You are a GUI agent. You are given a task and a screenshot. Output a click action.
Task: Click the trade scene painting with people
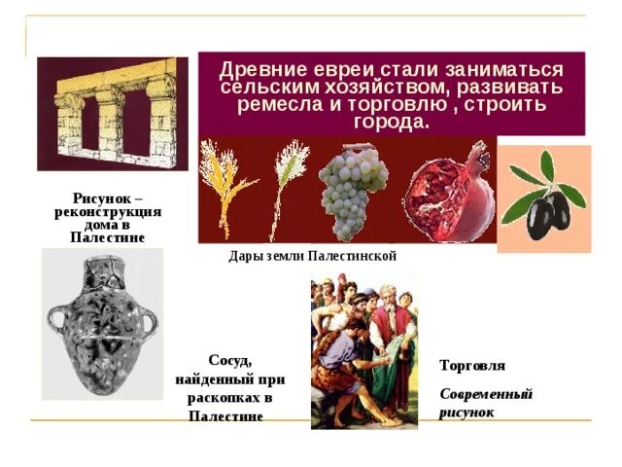point(363,350)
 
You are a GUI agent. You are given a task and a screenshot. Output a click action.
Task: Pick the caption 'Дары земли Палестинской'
point(312,256)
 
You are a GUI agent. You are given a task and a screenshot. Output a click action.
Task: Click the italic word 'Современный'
point(486,395)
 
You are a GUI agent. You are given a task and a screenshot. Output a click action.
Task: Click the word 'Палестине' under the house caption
point(107,237)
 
